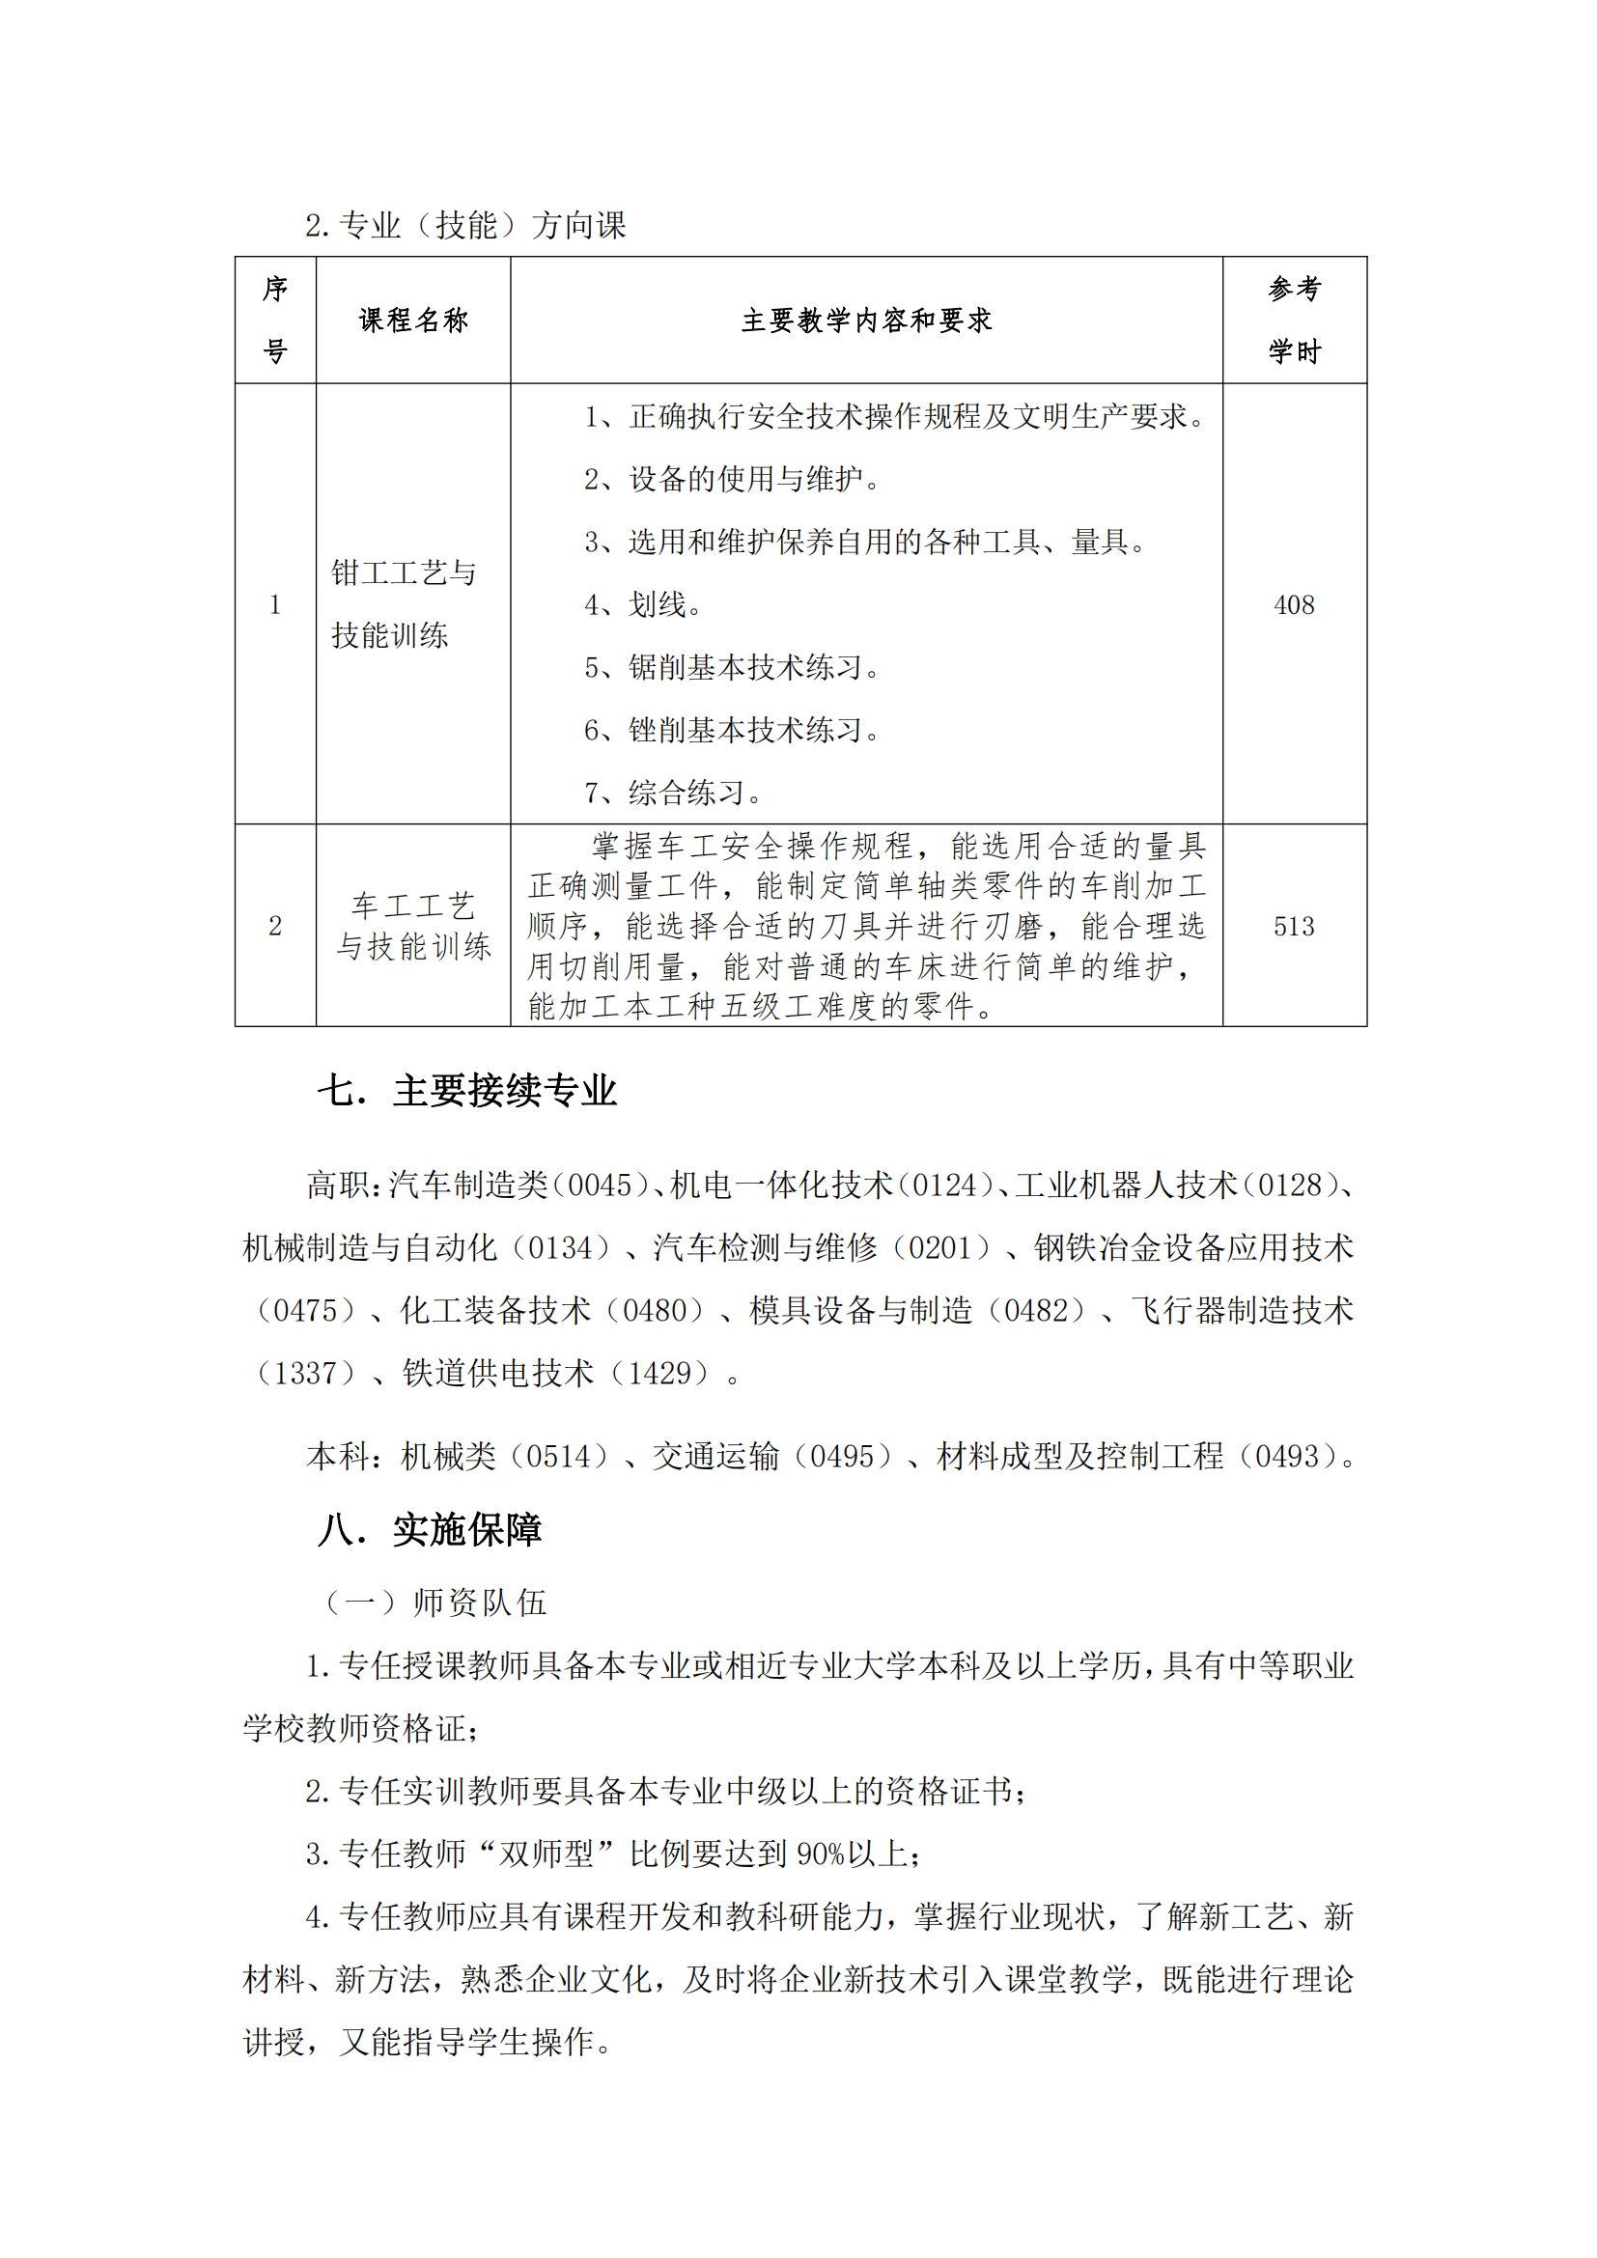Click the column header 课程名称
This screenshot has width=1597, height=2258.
click(x=413, y=321)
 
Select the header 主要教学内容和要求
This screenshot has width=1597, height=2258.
click(x=865, y=321)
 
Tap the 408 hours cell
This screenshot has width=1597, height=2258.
click(x=1293, y=605)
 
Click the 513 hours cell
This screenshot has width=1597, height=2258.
click(x=1293, y=927)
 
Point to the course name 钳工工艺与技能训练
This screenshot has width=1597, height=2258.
click(x=404, y=603)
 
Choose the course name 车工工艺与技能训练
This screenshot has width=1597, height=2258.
click(x=413, y=927)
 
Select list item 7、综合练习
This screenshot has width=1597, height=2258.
click(x=673, y=793)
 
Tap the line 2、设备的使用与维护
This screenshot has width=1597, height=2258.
click(x=732, y=480)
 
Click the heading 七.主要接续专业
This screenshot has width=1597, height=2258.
click(x=466, y=1092)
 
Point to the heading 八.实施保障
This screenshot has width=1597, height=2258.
click(x=430, y=1530)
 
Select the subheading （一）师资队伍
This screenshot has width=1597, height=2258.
click(x=434, y=1603)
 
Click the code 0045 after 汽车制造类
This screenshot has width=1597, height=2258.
click(x=600, y=1186)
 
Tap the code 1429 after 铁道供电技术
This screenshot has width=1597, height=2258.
click(x=668, y=1373)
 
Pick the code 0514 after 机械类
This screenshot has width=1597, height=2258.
click(x=567, y=1457)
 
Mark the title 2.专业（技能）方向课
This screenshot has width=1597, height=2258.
click(x=465, y=226)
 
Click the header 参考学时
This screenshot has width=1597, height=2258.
click(x=1293, y=321)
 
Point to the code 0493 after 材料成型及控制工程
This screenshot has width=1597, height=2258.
click(x=1288, y=1457)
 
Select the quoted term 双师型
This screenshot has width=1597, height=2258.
click(x=546, y=1854)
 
